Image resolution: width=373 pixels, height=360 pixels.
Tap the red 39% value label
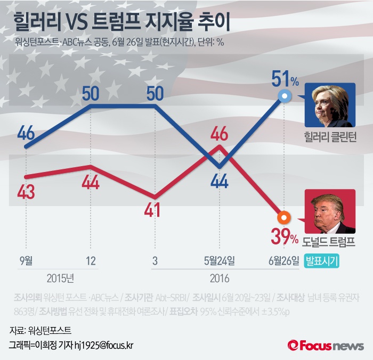[x=285, y=236]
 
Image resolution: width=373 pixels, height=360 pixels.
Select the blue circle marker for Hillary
[x=285, y=96]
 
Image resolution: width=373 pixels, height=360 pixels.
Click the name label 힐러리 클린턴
[x=329, y=134]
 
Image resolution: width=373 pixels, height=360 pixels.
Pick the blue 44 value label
[x=219, y=181]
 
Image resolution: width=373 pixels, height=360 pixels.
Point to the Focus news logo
[x=326, y=346]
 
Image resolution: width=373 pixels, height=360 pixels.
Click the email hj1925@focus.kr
[x=104, y=345]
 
